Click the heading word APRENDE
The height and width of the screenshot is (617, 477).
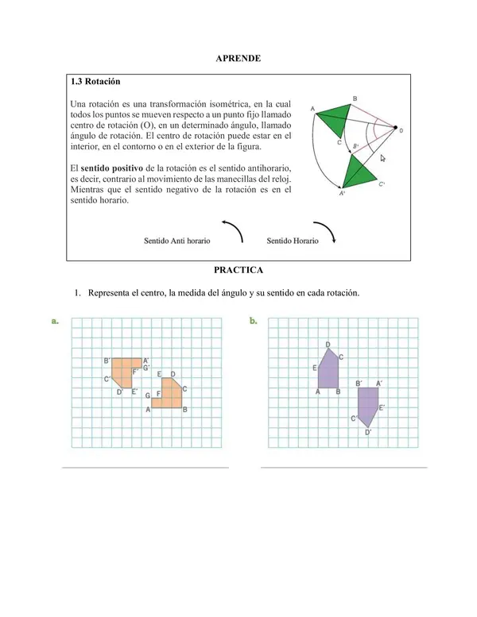[x=238, y=59]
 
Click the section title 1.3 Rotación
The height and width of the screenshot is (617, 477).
[x=95, y=82]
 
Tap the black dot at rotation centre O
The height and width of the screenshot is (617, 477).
[x=395, y=130]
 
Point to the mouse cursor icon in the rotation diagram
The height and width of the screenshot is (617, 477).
[x=382, y=158]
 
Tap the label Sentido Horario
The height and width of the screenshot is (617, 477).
[x=293, y=240]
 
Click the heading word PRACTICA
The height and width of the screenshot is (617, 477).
[x=238, y=271]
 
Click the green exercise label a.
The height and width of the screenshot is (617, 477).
[x=54, y=322]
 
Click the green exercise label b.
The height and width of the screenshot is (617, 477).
[x=253, y=322]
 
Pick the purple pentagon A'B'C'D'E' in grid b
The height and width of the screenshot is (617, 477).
[x=367, y=405]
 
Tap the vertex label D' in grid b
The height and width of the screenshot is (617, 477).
[x=368, y=432]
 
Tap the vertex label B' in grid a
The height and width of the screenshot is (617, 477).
[x=107, y=361]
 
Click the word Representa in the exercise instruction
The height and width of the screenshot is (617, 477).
[x=114, y=292]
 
